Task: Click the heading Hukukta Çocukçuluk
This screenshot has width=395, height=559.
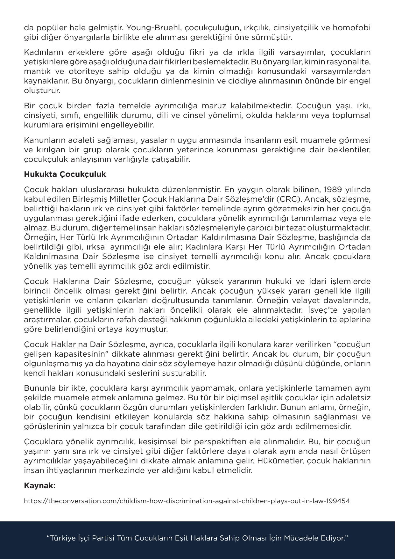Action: [x=65, y=174]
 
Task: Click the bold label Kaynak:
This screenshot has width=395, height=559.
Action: [x=40, y=486]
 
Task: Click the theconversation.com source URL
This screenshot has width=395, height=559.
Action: [x=187, y=501]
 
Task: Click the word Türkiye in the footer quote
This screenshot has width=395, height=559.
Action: [x=64, y=538]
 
